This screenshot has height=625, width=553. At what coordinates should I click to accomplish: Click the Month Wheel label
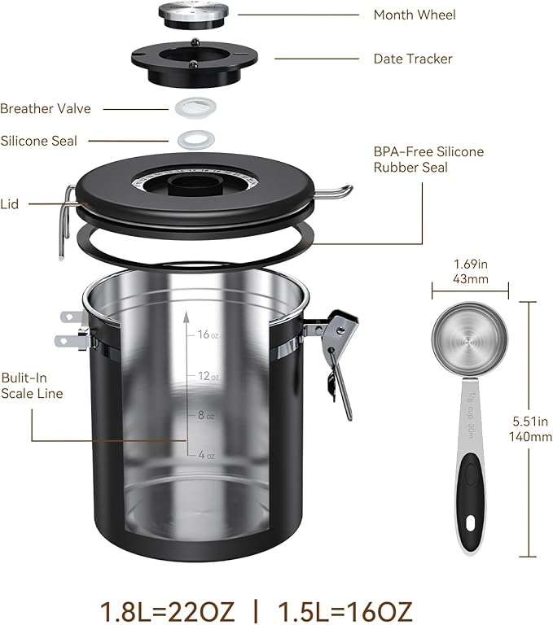coord(414,15)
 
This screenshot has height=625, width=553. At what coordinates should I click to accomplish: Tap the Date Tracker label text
coord(412,59)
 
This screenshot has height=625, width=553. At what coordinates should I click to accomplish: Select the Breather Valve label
coord(46,108)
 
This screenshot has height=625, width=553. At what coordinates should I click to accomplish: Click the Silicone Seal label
coord(39,141)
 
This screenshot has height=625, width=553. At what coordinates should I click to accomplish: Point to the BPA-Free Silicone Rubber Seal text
coord(428,160)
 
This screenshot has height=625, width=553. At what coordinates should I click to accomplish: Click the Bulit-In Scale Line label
coord(32,386)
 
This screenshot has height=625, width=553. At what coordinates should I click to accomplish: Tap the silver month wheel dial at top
coord(193,14)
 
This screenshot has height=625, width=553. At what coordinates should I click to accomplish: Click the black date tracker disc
coord(195,59)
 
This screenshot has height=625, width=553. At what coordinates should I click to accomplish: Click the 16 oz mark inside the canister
coord(207,334)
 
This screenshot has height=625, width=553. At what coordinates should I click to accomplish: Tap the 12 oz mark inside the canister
coord(207,377)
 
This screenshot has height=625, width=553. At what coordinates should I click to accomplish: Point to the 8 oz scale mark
coord(205,416)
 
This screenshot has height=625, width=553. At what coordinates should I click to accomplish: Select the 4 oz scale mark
coord(205,454)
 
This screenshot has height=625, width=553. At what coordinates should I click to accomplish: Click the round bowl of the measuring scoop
coord(468,341)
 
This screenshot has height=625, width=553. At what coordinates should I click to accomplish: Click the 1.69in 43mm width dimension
coord(469,270)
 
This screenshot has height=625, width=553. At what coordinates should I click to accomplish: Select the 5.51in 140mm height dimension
coord(530,428)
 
